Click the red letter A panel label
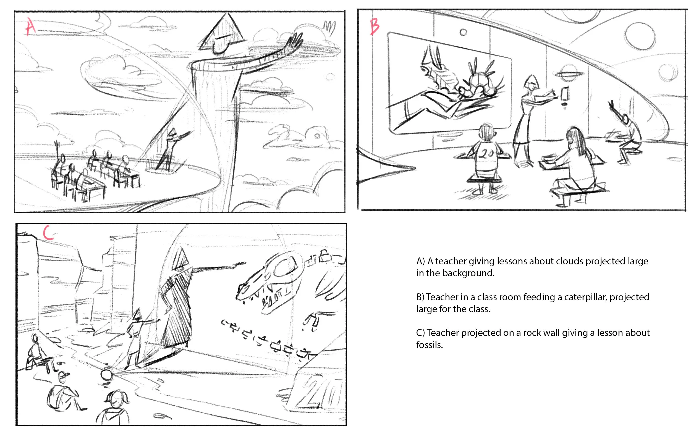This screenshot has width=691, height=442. [x=31, y=27]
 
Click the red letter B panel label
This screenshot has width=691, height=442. [x=375, y=27]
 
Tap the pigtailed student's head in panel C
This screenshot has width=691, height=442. [x=117, y=399]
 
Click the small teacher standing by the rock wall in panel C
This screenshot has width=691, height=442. [x=136, y=339]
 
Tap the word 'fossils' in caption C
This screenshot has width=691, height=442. [x=430, y=345]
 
